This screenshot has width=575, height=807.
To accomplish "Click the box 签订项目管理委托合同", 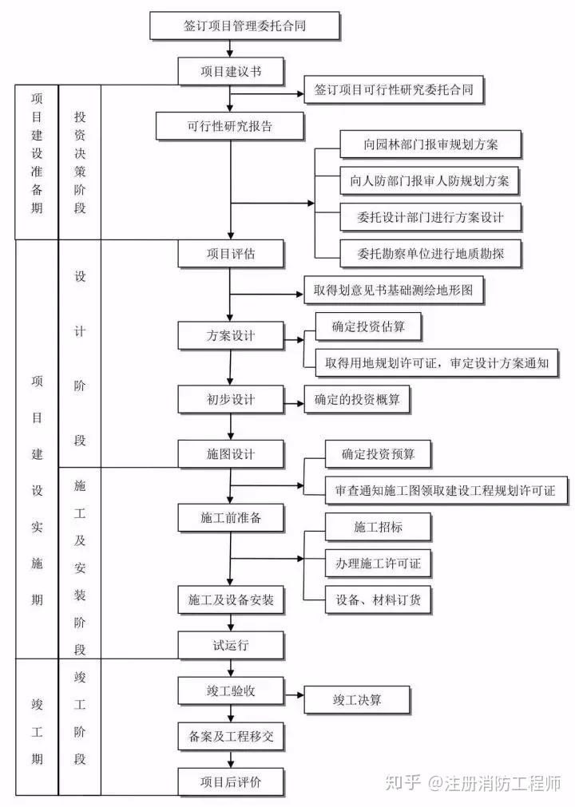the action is point(244,26).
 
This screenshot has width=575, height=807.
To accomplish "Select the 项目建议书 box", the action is point(231,71).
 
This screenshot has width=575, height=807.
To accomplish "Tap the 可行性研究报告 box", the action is point(229,126).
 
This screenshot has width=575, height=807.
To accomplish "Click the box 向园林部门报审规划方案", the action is point(430,144).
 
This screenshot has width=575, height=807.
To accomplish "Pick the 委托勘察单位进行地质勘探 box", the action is point(430,253).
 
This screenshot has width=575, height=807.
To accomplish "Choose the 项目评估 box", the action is point(231,253).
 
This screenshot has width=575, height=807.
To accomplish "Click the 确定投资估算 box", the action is point(368,326).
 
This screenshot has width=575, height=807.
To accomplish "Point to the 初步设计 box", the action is point(231,399).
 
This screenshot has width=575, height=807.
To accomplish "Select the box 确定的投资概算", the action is point(357,399).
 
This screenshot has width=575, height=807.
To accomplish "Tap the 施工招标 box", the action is point(378,527).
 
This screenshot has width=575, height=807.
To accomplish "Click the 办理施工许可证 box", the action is point(378,563).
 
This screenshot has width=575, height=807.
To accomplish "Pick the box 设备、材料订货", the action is point(378,599).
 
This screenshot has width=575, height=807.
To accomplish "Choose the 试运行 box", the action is point(231,645).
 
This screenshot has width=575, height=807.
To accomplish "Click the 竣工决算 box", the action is point(357,699).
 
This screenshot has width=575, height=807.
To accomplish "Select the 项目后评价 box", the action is point(231,781).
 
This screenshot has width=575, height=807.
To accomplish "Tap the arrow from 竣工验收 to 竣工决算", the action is point(294,694).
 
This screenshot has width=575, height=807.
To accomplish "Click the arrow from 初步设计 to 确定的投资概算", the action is point(294,404).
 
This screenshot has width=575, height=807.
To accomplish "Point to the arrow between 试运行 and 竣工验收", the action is point(231,668).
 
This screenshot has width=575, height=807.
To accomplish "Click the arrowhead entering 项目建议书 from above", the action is point(230,53).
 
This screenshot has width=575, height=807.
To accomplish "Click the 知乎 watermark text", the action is point(402,783).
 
